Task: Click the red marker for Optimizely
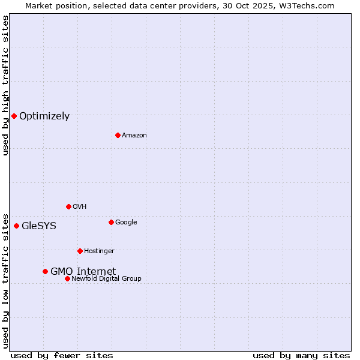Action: coord(14,116)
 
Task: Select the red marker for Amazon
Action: coord(118,135)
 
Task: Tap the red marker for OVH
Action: coord(68,206)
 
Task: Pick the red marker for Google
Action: coord(111,222)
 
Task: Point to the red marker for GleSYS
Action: coord(16,226)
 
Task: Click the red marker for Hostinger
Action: coord(80,251)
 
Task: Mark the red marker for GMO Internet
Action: coord(45,271)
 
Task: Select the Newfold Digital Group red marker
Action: coord(67,278)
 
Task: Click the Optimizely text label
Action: coord(44,116)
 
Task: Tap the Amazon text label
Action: coord(134,135)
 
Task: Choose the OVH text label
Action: coord(80,206)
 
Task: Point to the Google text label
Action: coord(126,222)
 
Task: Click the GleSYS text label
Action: coord(39,226)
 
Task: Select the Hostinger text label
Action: coord(99,251)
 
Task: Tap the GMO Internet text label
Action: coord(83,271)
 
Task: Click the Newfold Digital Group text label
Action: coord(106,278)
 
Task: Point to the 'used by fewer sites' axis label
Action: coord(62,355)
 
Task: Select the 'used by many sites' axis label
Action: coord(301,355)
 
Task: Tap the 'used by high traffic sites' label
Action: coord(5,85)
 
